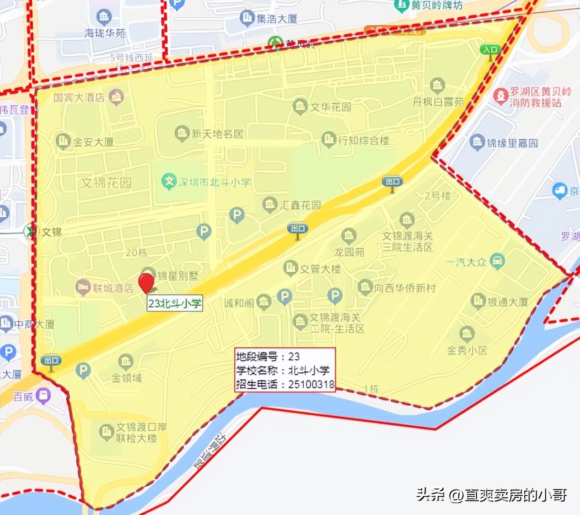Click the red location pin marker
[146, 282]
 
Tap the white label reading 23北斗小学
[174, 303]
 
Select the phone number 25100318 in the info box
[311, 384]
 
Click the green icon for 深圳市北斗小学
[169, 182]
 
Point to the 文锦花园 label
[106, 183]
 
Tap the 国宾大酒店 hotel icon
[117, 97]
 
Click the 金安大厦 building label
[93, 142]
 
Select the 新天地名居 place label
[217, 134]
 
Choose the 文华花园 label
[331, 107]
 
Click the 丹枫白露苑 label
[438, 102]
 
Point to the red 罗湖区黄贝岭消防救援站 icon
[501, 96]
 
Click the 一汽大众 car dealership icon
[497, 262]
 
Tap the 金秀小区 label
[467, 350]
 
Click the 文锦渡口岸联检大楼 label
[141, 433]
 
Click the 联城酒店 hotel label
[113, 288]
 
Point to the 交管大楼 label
[320, 269]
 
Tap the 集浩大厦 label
[276, 19]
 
